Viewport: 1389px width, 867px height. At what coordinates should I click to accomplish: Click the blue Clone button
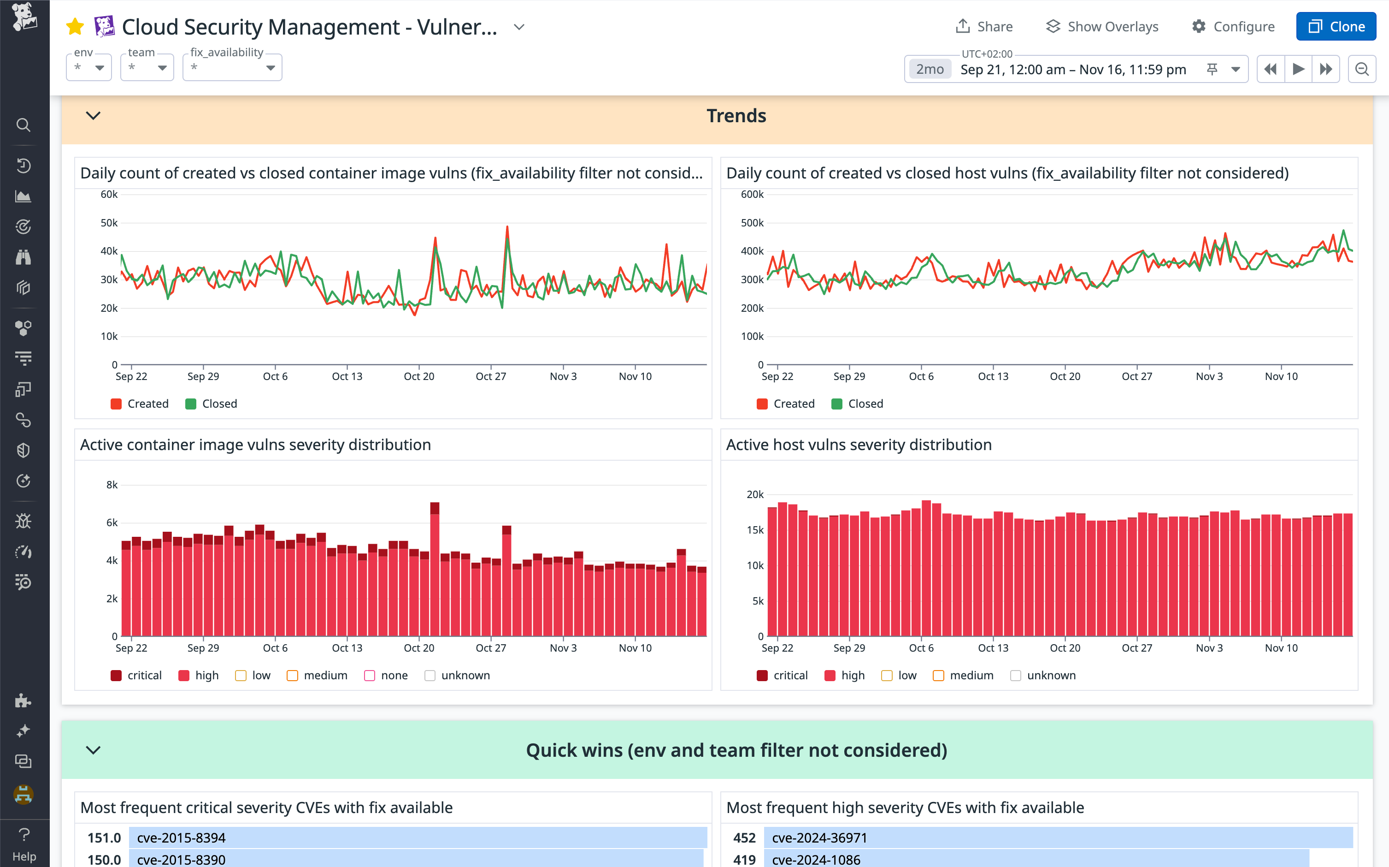[x=1335, y=26]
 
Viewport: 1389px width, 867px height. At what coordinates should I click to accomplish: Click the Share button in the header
[x=984, y=26]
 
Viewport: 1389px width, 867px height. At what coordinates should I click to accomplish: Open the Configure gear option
[x=1233, y=26]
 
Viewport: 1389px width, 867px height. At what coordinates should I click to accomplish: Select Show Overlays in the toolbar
[x=1102, y=26]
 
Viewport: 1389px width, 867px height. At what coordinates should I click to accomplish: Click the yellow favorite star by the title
[x=75, y=26]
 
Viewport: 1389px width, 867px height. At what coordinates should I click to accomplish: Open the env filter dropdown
[x=89, y=68]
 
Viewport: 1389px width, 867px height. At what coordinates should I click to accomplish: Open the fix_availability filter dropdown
[x=232, y=68]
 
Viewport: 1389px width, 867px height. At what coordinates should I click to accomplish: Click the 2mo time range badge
[x=929, y=69]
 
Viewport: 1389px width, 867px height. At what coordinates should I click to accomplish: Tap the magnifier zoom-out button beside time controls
[x=1361, y=69]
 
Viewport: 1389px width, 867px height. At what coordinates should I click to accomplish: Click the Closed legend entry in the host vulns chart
[x=857, y=404]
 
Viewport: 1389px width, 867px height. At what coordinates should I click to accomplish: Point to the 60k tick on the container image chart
[x=109, y=195]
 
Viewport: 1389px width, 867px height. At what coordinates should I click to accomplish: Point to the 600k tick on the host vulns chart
[x=752, y=195]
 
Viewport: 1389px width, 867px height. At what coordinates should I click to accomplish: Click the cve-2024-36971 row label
[x=819, y=838]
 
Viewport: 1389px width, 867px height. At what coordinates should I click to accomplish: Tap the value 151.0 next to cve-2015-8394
[x=104, y=838]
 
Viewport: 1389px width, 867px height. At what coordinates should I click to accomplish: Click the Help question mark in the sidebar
[x=24, y=843]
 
